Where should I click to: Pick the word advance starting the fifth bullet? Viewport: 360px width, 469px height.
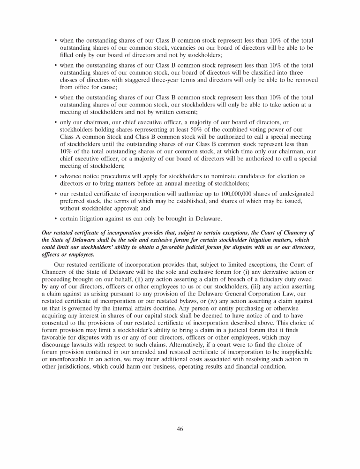click(x=73, y=176)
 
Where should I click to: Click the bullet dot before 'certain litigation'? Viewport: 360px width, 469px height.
click(x=56, y=218)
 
